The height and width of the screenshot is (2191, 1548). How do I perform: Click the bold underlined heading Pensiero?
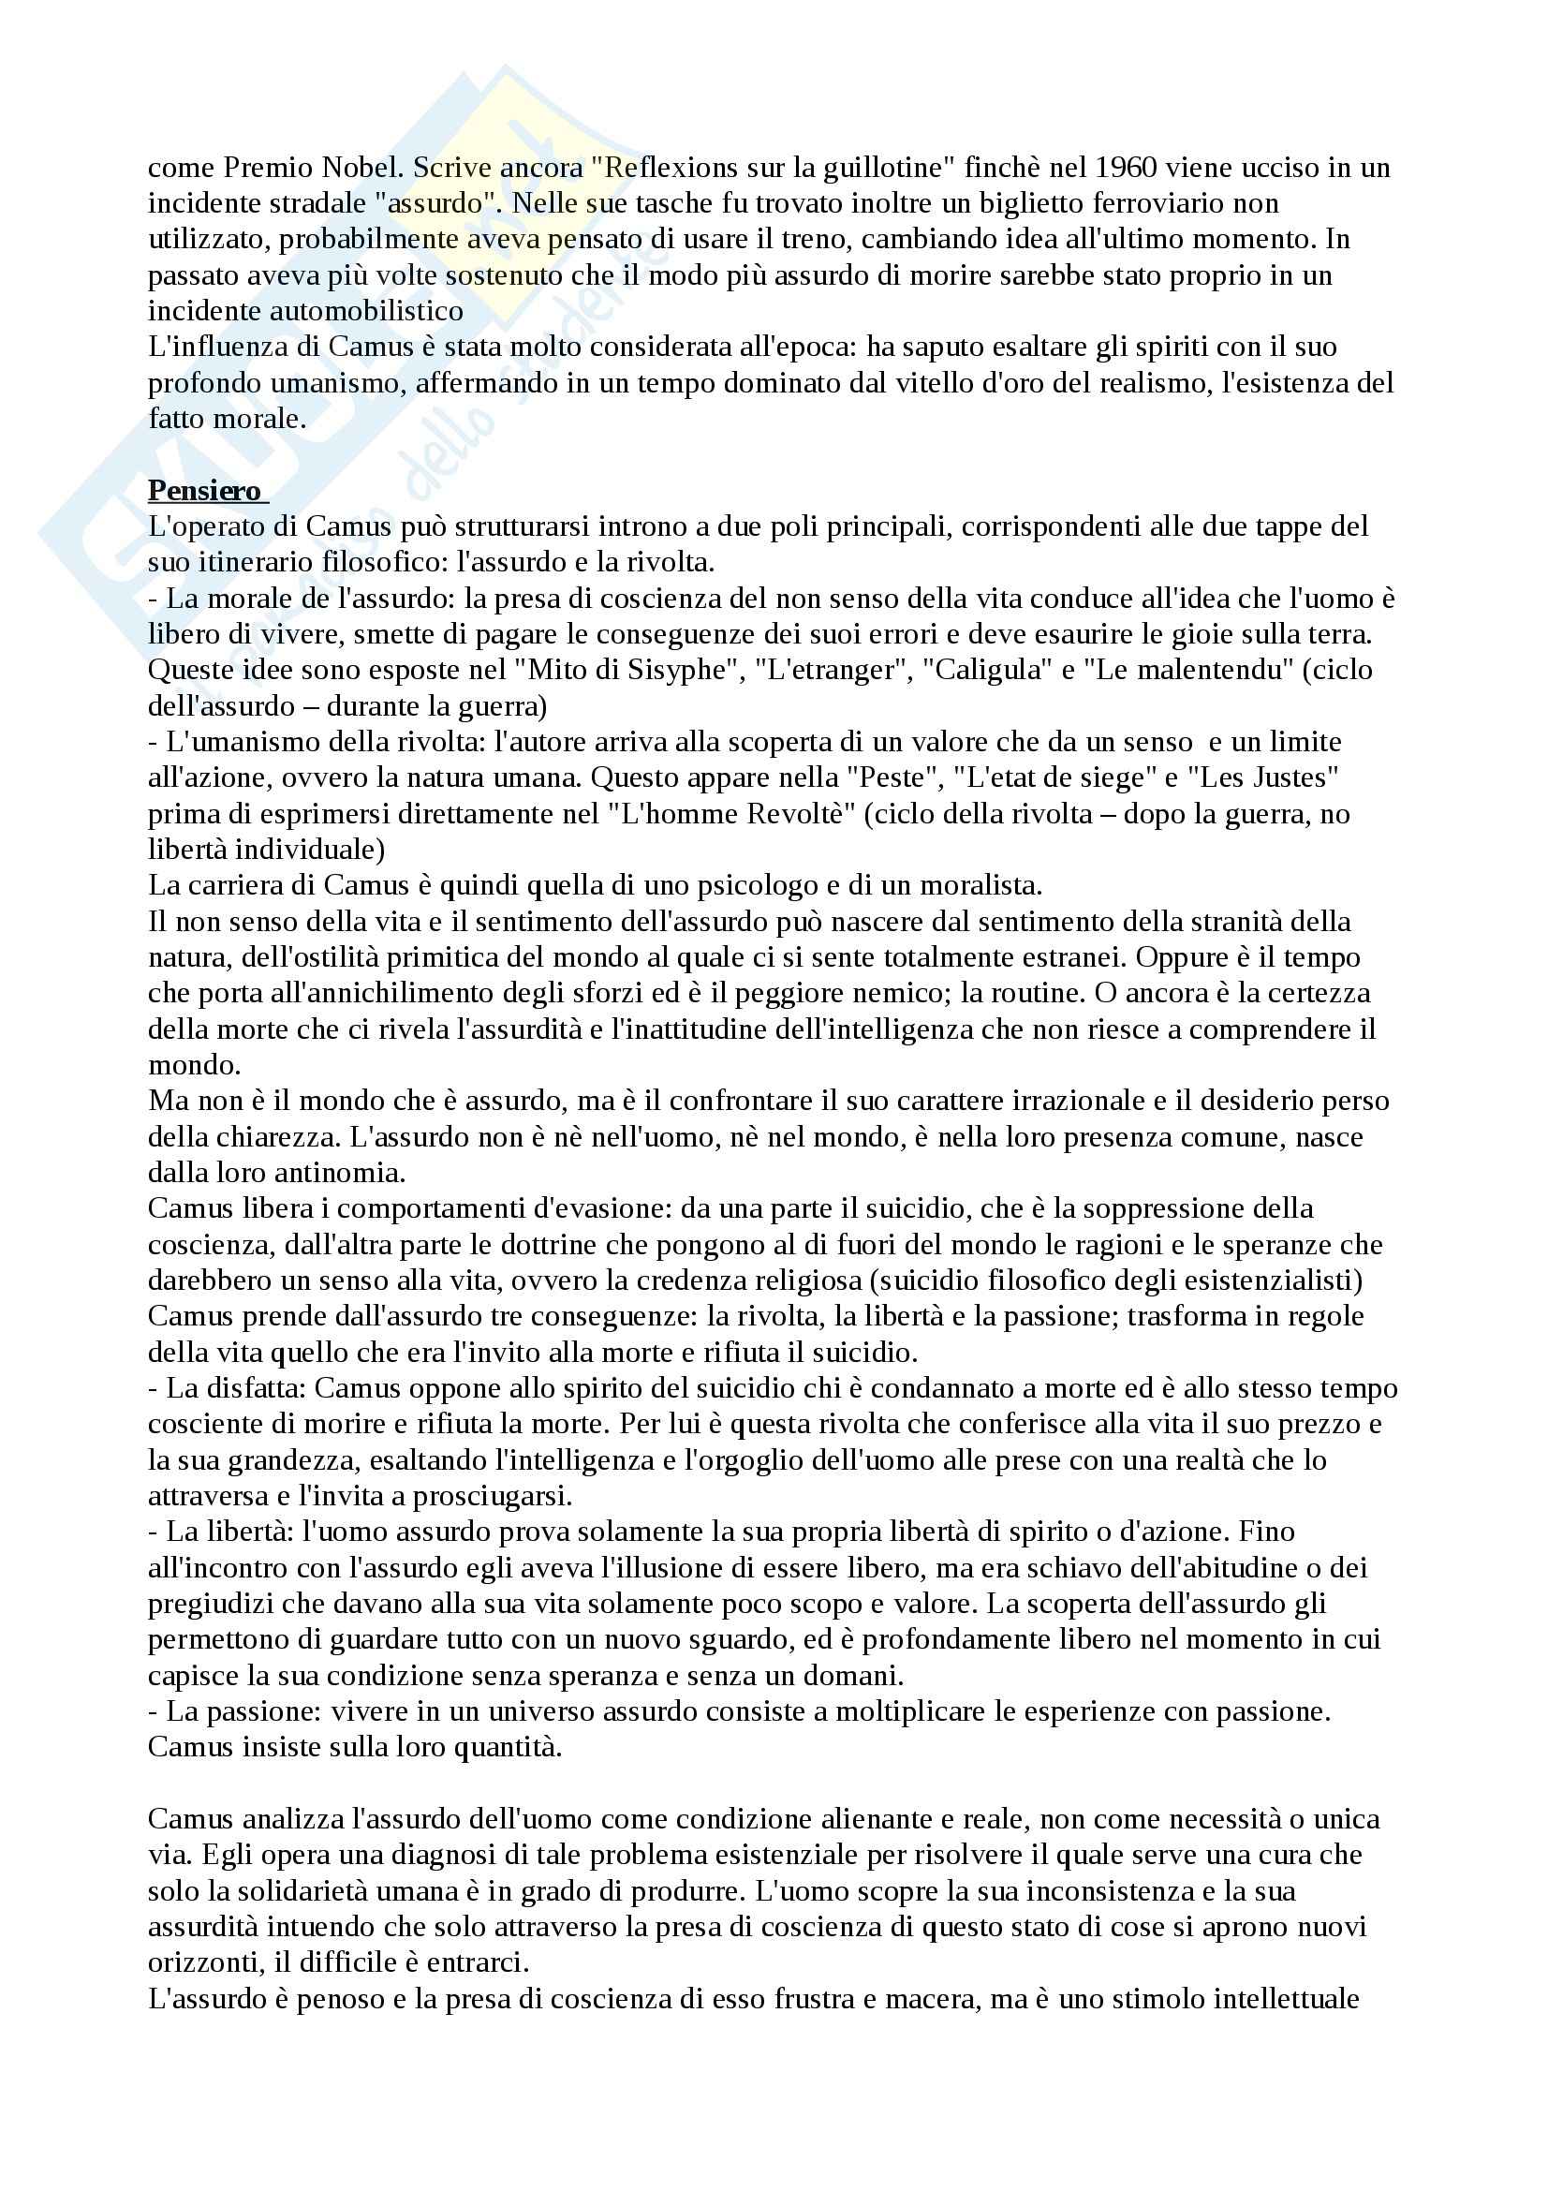pos(204,491)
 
